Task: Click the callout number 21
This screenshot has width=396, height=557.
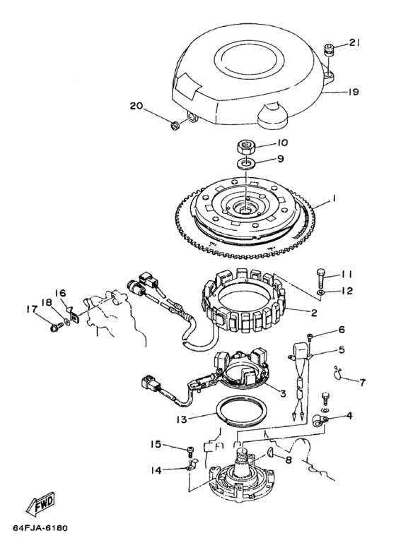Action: (x=354, y=42)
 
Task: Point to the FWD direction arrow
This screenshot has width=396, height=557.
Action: (x=40, y=505)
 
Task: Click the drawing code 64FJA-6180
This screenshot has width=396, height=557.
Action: (x=40, y=528)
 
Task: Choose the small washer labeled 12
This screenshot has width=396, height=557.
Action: (x=320, y=292)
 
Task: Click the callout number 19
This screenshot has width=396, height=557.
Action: (x=353, y=92)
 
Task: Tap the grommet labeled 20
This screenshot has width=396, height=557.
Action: (x=175, y=126)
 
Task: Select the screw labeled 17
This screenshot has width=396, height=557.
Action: (x=54, y=326)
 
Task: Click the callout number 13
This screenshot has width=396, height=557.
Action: (x=182, y=419)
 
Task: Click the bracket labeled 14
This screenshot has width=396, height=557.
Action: (x=192, y=465)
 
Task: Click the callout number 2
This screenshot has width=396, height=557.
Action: (x=314, y=313)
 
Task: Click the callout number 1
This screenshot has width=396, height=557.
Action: (x=334, y=199)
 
